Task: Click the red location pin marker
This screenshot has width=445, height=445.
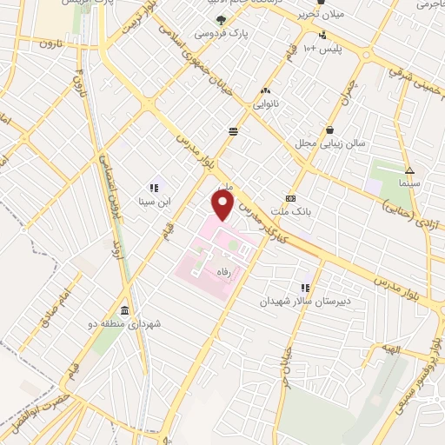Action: click(x=223, y=206)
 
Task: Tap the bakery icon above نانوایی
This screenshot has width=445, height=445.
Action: click(x=264, y=90)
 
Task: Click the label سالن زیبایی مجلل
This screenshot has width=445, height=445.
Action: click(x=332, y=142)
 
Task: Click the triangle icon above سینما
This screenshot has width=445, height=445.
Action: click(x=408, y=171)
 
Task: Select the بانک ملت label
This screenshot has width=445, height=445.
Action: click(x=291, y=211)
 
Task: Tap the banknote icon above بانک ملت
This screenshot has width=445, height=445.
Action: click(x=290, y=197)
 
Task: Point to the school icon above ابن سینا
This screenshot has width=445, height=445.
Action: click(x=154, y=187)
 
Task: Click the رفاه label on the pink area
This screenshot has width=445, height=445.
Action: click(x=209, y=272)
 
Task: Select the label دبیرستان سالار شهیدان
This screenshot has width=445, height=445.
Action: click(x=304, y=302)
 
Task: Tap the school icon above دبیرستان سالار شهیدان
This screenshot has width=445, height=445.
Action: click(x=305, y=288)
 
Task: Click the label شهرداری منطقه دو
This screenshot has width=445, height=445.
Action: click(x=127, y=324)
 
